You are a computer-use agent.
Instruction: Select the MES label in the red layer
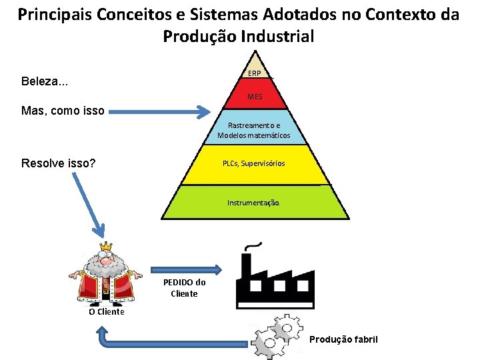254,97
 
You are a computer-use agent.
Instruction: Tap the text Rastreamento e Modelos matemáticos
253,131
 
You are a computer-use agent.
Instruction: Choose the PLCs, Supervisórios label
253,163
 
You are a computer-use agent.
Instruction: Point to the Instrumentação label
253,201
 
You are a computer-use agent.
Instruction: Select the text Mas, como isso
63,111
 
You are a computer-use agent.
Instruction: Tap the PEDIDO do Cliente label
184,287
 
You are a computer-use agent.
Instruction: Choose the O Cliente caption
107,311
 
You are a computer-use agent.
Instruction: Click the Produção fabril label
343,339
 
